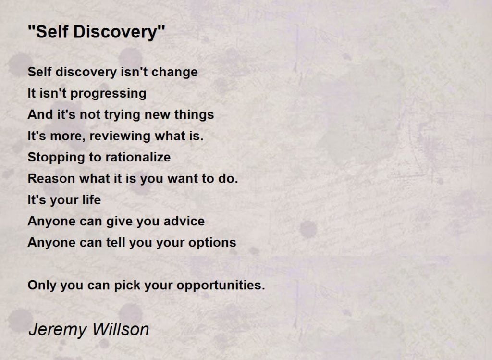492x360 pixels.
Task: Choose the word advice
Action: click(182, 221)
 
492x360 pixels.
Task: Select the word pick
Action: click(125, 286)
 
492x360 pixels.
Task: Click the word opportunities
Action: click(221, 286)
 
